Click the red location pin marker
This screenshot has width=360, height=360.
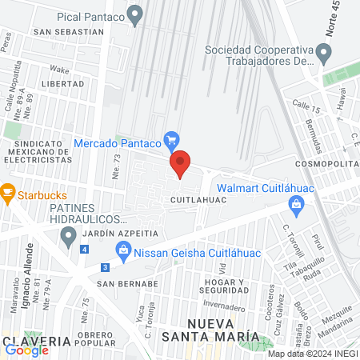pos(181,164)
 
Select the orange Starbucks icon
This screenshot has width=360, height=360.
pos(7,192)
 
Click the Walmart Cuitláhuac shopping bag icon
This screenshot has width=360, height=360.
pos(297,206)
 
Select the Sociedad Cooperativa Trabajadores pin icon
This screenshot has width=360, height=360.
pos(323,54)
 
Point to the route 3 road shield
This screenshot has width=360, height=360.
pos(105,267)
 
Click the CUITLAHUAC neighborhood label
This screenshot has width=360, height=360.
pos(198,197)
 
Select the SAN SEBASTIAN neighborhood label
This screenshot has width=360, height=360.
pos(69,32)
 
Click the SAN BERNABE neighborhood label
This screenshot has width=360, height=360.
pos(126,283)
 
